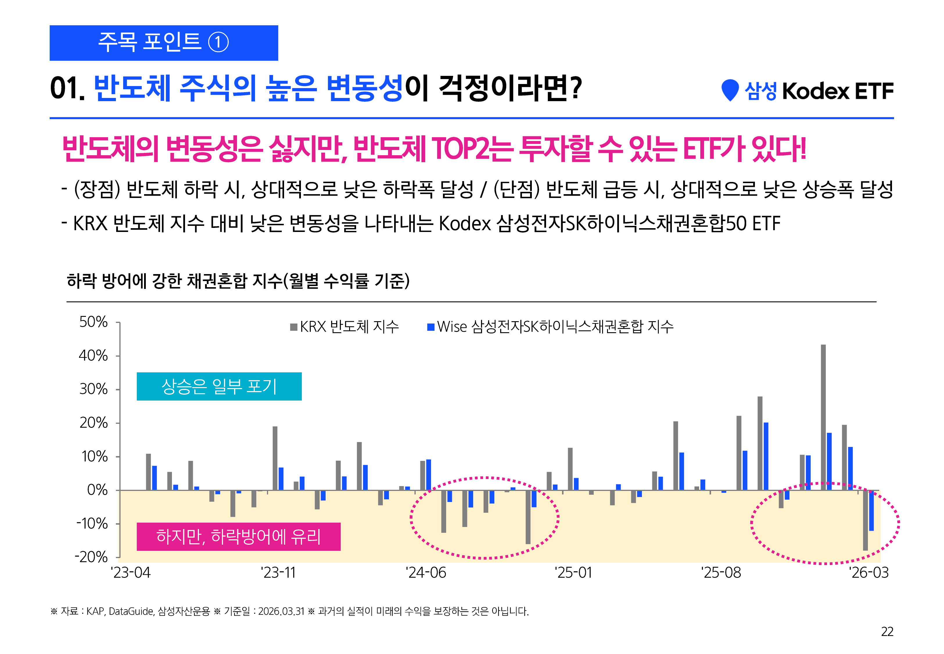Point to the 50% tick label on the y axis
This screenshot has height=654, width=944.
(93, 322)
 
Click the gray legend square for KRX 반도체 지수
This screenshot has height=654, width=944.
(294, 327)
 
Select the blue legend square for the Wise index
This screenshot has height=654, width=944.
(431, 327)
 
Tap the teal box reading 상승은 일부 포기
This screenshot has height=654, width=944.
(219, 386)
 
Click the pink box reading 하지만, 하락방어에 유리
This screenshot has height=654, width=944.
(238, 536)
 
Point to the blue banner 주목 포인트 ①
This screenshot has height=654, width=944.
(164, 43)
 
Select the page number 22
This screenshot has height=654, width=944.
(887, 631)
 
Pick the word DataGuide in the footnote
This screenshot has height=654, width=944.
(131, 611)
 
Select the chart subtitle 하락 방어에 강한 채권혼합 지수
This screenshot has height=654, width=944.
(238, 281)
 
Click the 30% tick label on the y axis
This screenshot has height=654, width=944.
(93, 389)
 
